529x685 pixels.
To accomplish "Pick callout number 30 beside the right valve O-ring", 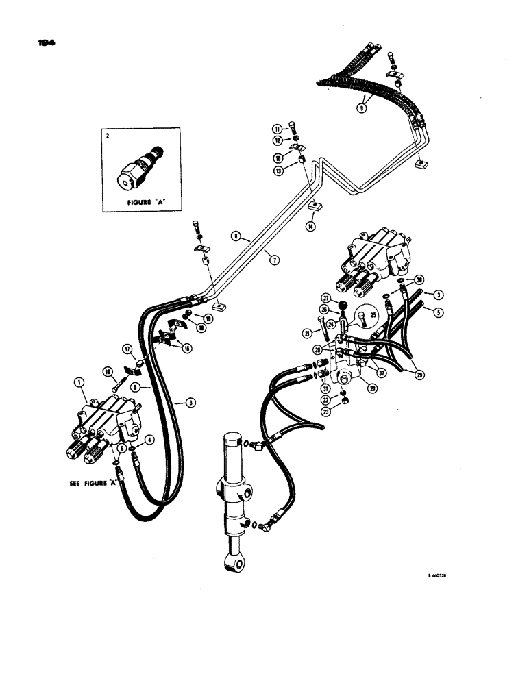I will click(x=419, y=279).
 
